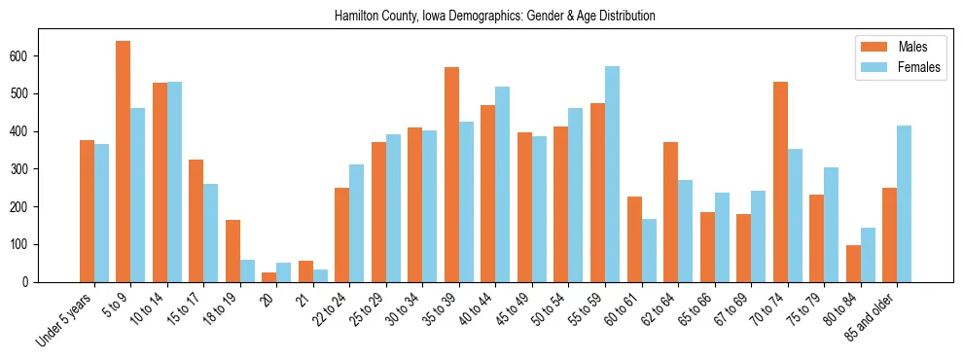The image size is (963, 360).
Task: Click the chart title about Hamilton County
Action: [x=494, y=16]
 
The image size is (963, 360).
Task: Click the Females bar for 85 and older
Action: [x=904, y=203]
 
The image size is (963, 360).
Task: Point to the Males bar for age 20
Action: [x=269, y=276]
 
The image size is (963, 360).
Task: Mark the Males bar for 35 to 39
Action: [x=451, y=174]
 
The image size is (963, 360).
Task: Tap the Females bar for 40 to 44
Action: [x=503, y=184]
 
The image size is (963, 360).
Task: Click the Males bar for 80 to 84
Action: [x=853, y=264]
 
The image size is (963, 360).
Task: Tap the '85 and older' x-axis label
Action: [x=873, y=317]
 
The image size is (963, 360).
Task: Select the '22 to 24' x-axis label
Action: [x=329, y=309]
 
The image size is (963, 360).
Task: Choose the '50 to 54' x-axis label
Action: [x=548, y=309]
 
